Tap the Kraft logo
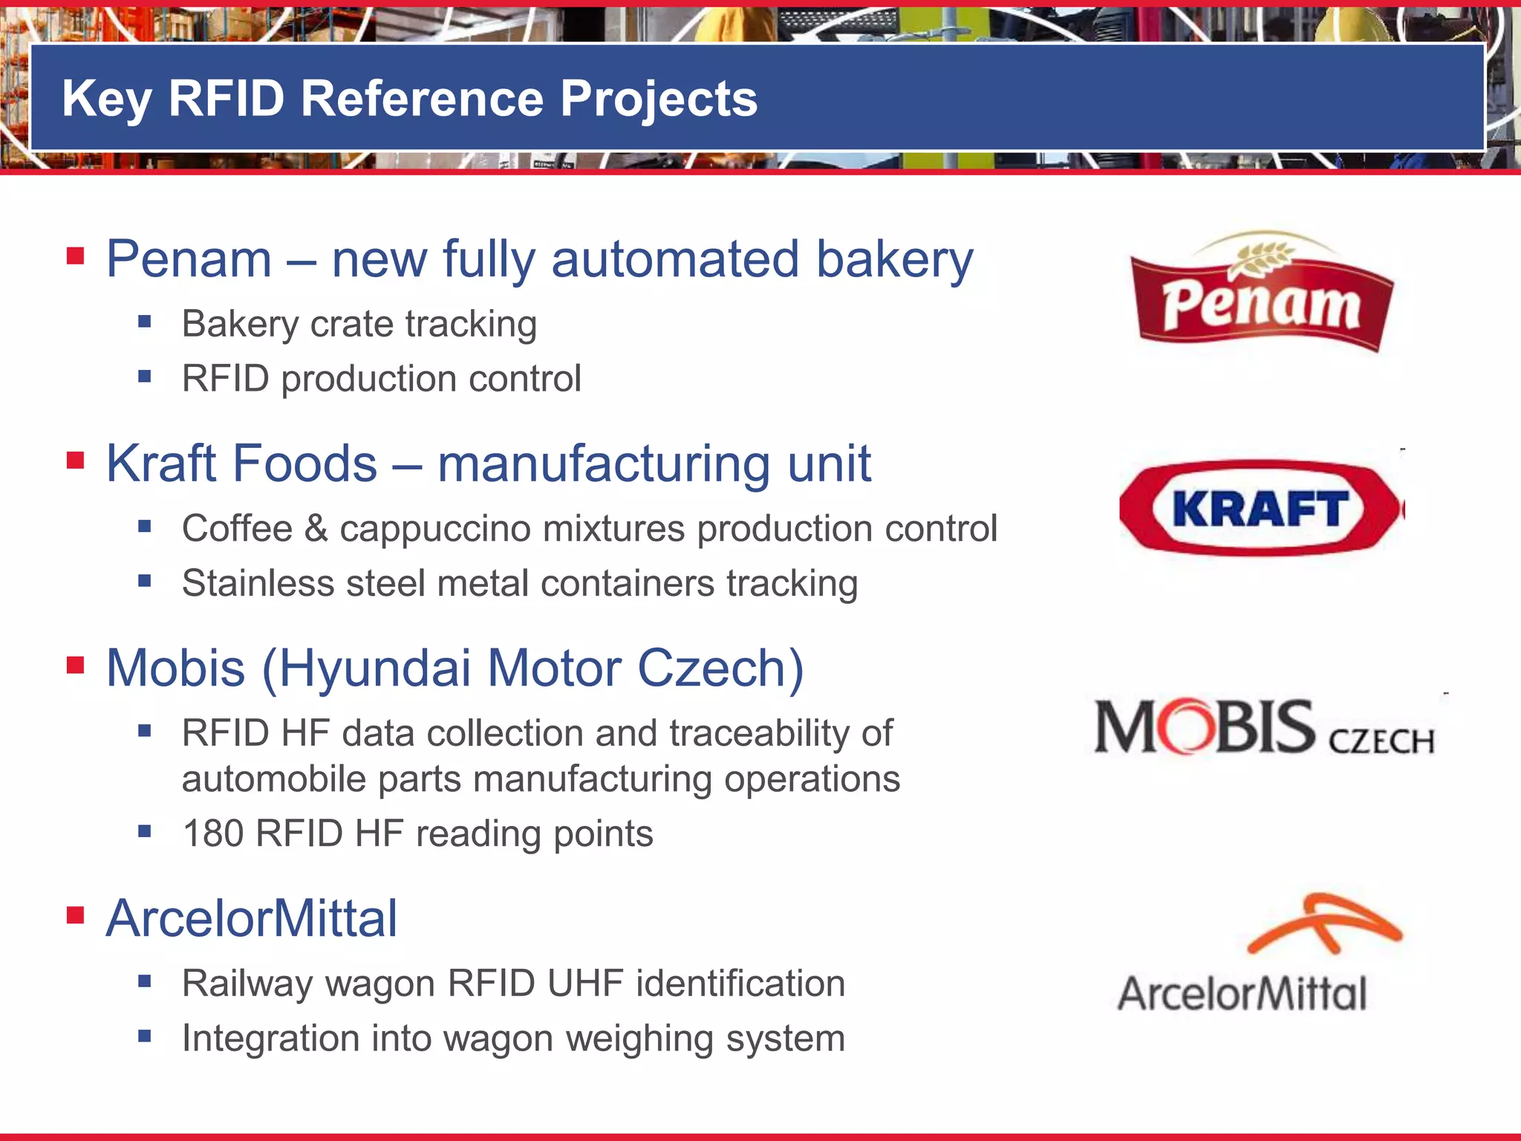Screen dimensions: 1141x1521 tap(1260, 509)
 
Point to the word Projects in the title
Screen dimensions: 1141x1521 tap(659, 100)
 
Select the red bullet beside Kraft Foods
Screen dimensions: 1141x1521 tap(75, 461)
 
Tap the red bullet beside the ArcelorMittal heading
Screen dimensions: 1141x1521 tap(75, 914)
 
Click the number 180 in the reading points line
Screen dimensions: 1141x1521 tap(213, 833)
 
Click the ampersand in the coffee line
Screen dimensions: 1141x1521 tap(316, 529)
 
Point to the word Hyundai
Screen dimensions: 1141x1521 tap(374, 668)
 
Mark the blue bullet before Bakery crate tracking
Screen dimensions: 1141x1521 tap(144, 322)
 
